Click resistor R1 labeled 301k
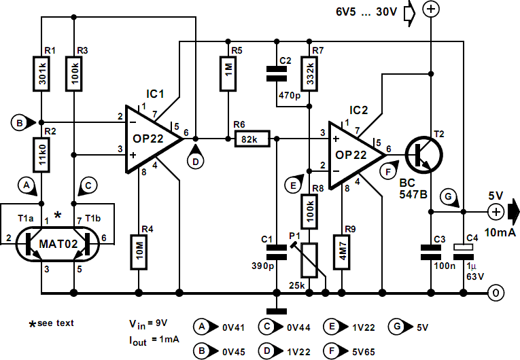(41, 73)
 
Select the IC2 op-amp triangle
(353, 154)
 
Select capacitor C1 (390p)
(276, 253)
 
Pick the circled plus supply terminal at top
(430, 10)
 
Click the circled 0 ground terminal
(498, 293)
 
